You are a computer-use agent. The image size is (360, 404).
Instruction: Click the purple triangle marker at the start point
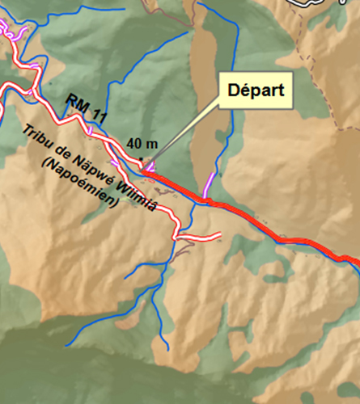point(150,166)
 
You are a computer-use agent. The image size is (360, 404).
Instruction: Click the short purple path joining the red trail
point(211,185)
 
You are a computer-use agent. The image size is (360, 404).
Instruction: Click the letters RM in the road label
point(75,102)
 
